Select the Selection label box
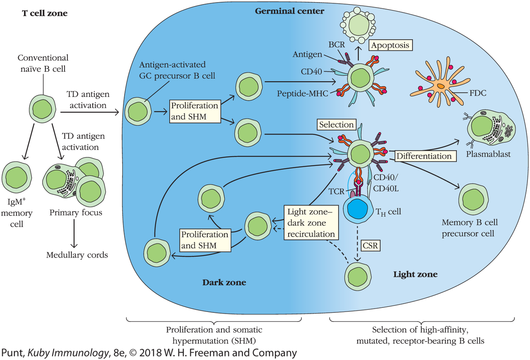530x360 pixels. coord(337,124)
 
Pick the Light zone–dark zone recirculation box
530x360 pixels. coord(312,222)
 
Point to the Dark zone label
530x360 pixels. coord(224,283)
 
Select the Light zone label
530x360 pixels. coord(415,274)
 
